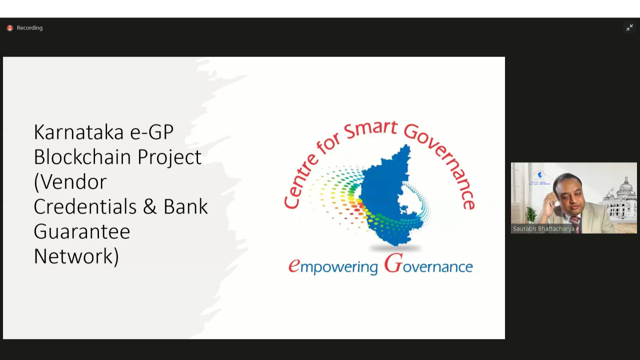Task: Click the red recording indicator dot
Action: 10,28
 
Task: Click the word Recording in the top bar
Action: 29,28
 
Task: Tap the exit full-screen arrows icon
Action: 629,27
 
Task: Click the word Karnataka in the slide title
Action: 79,132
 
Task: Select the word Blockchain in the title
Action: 82,156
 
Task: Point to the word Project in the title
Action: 169,157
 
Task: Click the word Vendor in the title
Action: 70,182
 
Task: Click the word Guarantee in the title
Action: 82,231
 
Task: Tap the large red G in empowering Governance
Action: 393,263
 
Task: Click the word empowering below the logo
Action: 333,266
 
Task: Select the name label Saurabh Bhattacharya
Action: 543,229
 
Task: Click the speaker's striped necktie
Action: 575,224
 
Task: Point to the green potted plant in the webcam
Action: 530,215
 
